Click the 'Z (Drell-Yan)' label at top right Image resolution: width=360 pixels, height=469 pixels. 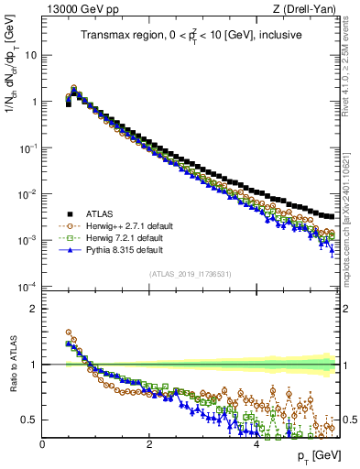pos(306,9)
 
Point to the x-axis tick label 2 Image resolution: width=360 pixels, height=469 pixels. pos(149,443)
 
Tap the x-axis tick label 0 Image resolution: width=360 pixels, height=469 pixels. pos(42,443)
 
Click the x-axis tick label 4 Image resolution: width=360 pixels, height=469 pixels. pos(256,443)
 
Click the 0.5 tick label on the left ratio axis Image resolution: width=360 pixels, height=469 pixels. pos(27,420)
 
